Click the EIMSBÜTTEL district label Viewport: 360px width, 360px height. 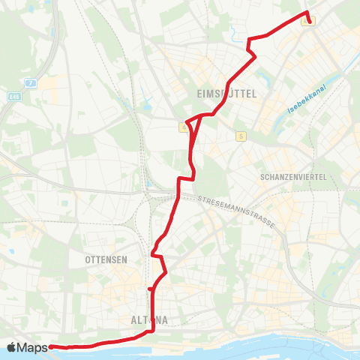[226, 94]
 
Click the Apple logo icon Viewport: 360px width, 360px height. [11, 347]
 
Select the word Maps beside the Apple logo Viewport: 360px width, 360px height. [32, 347]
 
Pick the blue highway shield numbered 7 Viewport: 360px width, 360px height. [31, 82]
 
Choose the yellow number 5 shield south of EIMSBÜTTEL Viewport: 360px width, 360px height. [240, 136]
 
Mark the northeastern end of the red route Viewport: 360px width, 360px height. [309, 22]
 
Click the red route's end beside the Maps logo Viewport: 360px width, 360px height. [51, 346]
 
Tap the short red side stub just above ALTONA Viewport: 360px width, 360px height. [151, 288]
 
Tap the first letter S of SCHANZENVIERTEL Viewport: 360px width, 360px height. [259, 177]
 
